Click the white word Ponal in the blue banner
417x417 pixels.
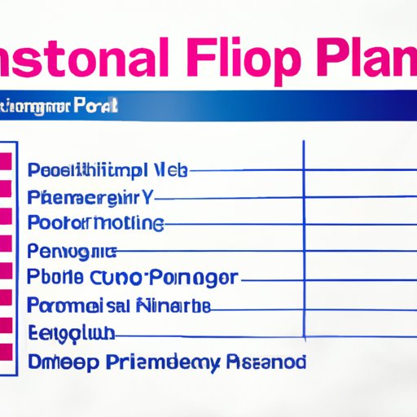(x=97, y=106)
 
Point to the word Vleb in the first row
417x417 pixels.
(x=168, y=170)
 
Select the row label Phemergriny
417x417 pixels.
(x=90, y=196)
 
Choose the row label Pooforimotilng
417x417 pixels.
(x=95, y=223)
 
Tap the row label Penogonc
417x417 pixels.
(x=72, y=250)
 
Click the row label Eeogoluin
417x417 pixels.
(x=71, y=332)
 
